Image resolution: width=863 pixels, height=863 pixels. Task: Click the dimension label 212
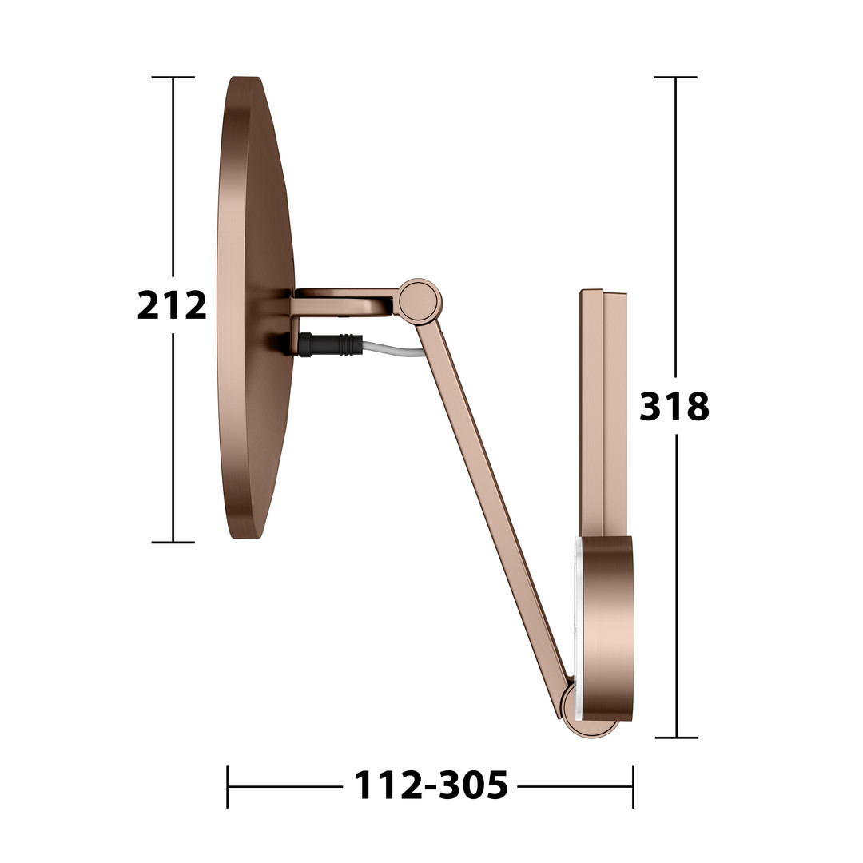172,305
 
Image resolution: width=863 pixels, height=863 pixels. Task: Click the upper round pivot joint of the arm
420,300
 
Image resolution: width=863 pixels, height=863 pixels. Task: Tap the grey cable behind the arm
393,349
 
